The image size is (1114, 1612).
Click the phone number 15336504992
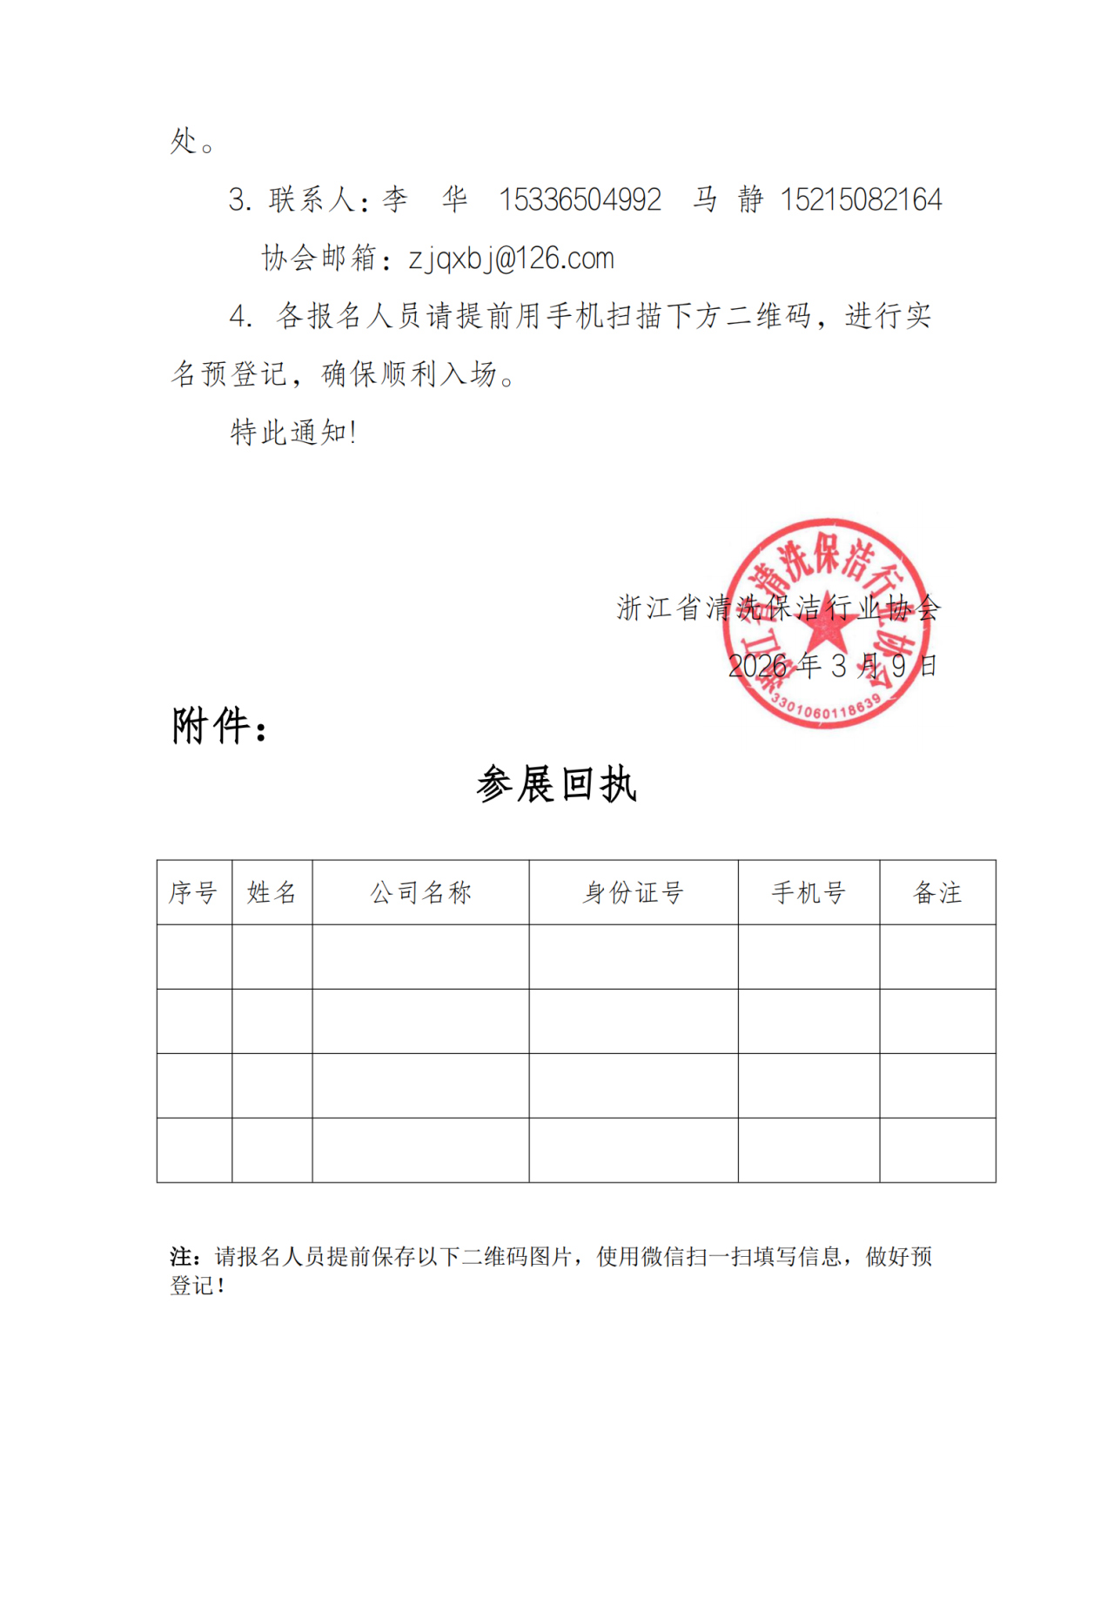tap(580, 200)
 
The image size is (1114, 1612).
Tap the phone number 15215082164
tap(861, 200)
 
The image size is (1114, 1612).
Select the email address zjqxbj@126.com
tap(512, 259)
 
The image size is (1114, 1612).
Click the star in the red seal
tap(825, 621)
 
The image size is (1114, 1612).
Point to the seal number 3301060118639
tap(826, 709)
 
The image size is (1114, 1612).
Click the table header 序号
tap(193, 892)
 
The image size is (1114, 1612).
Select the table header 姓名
tap(272, 892)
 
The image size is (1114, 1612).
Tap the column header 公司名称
tap(420, 892)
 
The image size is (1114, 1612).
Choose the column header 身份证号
tap(633, 892)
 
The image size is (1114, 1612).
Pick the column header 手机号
tap(809, 892)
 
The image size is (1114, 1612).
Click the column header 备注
tap(937, 892)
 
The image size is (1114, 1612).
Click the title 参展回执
tap(557, 784)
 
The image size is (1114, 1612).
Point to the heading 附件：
tap(219, 726)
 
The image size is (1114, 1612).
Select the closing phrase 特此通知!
tap(293, 432)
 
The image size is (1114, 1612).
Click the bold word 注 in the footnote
tap(181, 1256)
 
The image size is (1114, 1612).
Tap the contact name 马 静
tap(728, 200)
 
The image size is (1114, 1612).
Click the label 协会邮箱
tap(319, 259)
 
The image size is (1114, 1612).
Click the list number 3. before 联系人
tap(239, 200)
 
